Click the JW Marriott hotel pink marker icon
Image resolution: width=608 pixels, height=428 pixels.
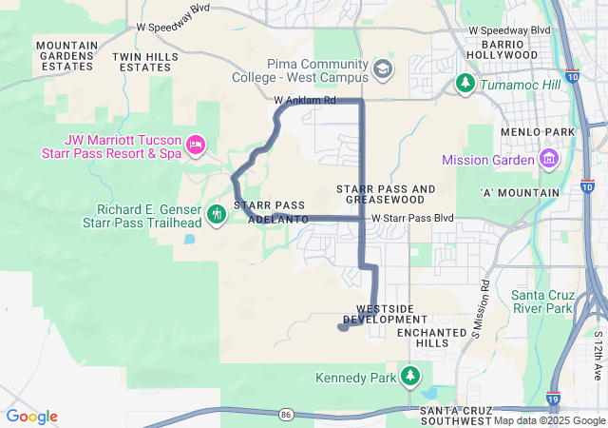point(196,146)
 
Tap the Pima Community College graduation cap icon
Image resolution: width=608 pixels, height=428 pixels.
point(382,68)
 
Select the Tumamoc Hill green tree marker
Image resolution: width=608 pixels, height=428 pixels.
point(465,84)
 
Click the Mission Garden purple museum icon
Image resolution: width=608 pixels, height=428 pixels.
point(548,158)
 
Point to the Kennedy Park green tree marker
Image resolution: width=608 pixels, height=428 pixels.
point(410,377)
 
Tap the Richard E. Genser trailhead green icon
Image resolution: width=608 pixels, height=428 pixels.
point(217,212)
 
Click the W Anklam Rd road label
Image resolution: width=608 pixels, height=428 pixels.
point(304,100)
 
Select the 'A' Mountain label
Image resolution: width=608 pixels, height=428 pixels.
point(521,192)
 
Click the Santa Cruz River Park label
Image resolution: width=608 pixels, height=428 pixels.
point(542,302)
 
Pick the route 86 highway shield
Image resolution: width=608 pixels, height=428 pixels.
point(286,414)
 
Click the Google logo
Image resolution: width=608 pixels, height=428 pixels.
point(32,417)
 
